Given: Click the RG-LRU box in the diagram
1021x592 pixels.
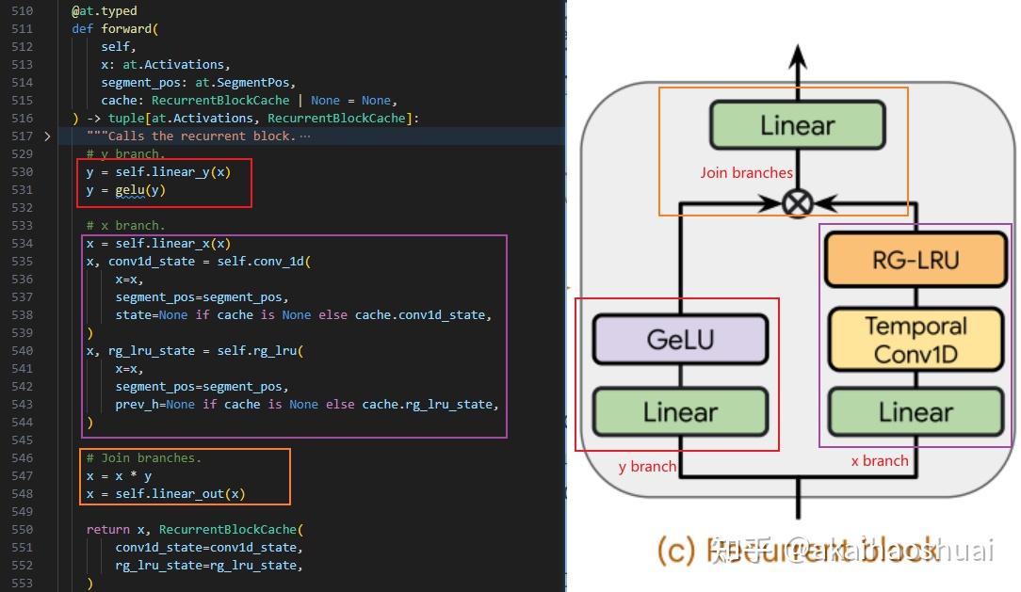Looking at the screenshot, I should tap(916, 259).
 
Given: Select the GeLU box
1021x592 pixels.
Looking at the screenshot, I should tap(680, 339).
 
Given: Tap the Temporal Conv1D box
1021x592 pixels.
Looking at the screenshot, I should tap(916, 340).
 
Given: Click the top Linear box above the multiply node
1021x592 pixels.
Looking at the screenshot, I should tap(797, 125).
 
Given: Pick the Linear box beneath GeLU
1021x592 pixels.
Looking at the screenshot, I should tap(680, 412).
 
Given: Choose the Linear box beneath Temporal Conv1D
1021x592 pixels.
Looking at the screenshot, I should tap(916, 412).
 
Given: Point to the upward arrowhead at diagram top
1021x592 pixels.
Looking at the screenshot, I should tap(798, 55).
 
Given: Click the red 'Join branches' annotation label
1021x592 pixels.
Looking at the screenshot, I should tap(746, 173).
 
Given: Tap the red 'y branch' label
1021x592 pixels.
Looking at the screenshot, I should tap(647, 466).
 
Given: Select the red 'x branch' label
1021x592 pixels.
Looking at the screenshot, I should tap(879, 460).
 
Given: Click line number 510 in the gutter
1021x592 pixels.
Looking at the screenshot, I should tap(22, 11).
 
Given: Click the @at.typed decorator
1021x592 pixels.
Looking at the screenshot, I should tap(104, 11).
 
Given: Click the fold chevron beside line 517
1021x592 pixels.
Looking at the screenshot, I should tap(48, 136).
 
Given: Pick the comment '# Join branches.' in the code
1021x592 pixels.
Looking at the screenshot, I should tap(143, 458).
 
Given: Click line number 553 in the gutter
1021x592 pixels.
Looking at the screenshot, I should tap(22, 584).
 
